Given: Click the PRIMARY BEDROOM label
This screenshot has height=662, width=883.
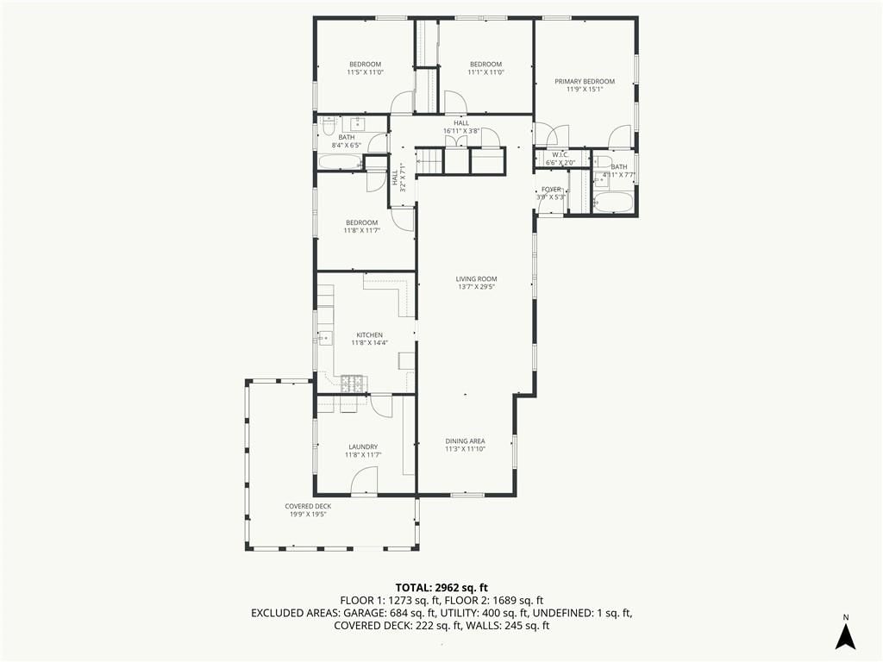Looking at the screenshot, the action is pos(585,81).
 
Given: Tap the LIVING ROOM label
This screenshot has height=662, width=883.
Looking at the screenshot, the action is pos(476,278).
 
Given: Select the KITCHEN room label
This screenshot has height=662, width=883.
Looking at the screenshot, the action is pos(369,335).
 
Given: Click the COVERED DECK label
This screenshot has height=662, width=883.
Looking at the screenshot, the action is pos(308,506).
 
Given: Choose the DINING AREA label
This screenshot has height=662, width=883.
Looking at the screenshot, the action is pos(465,441).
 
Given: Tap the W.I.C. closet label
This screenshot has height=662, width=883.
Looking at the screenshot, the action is pos(560,155).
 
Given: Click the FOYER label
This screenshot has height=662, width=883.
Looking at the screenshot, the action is pos(551,189).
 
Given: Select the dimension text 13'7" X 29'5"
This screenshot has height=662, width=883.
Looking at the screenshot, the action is pos(476,286).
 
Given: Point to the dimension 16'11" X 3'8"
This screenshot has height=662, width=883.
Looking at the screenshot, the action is pos(461,131).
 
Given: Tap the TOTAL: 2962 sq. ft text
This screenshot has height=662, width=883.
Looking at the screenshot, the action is pos(441,588).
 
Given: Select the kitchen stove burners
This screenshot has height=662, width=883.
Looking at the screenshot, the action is pos(353,384).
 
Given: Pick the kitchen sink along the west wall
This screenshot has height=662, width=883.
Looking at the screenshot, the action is pos(325,338).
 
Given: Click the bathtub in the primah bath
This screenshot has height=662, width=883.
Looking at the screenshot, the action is pos(614,203).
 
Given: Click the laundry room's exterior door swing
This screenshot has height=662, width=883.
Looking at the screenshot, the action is pos(364,482).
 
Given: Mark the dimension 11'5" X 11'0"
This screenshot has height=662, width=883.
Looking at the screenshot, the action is pos(365,72).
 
